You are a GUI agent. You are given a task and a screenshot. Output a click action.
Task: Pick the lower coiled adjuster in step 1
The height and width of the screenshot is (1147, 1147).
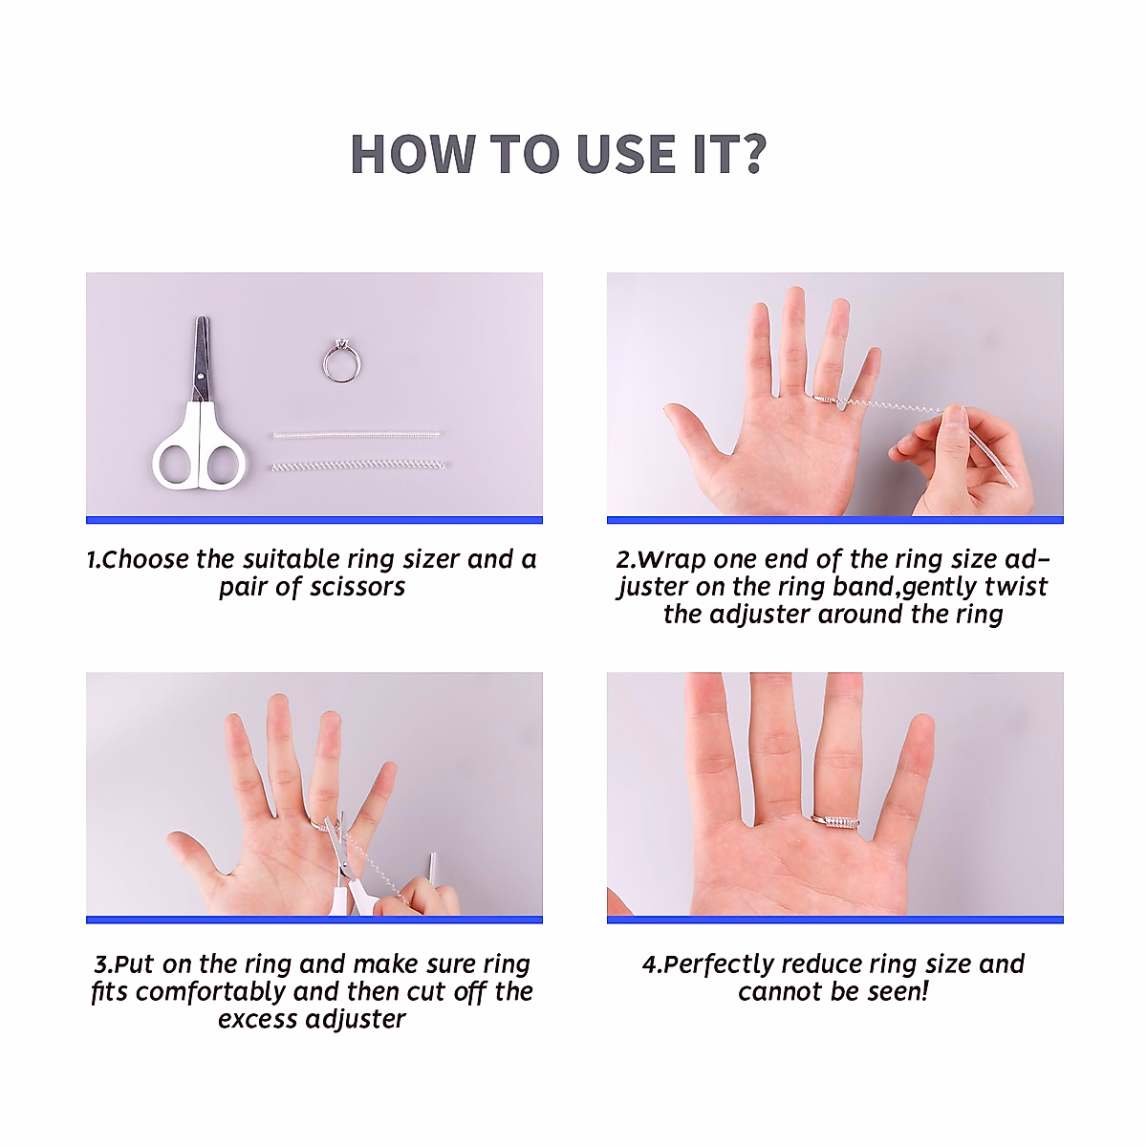(359, 465)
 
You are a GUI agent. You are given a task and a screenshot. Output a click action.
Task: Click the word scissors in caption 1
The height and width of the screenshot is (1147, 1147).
(355, 587)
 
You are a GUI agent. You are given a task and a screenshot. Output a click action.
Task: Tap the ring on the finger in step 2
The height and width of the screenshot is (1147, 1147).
(826, 399)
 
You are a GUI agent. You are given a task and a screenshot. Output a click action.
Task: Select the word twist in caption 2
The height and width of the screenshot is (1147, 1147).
(1016, 587)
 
